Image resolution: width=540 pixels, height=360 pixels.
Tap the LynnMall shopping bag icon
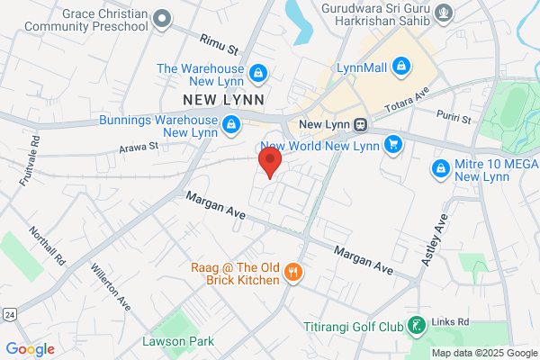(x=402, y=66)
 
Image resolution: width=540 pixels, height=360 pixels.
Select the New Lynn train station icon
(x=359, y=124)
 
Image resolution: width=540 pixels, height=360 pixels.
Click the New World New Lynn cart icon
(x=392, y=143)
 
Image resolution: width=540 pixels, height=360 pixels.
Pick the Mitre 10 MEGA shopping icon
(x=440, y=167)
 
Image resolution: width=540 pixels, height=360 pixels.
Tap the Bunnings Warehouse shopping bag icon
(x=231, y=123)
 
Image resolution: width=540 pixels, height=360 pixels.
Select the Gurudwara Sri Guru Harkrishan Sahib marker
(x=443, y=13)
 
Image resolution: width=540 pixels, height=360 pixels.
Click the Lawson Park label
(x=165, y=341)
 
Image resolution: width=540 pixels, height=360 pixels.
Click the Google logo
(x=30, y=348)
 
